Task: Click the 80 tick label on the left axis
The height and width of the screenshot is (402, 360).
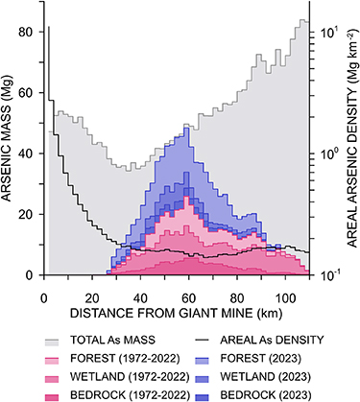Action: point(28,33)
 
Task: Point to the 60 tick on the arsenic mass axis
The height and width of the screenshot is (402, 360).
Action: point(28,93)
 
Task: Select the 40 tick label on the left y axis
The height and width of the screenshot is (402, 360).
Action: point(28,154)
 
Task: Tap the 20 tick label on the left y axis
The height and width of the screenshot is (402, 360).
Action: point(28,214)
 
